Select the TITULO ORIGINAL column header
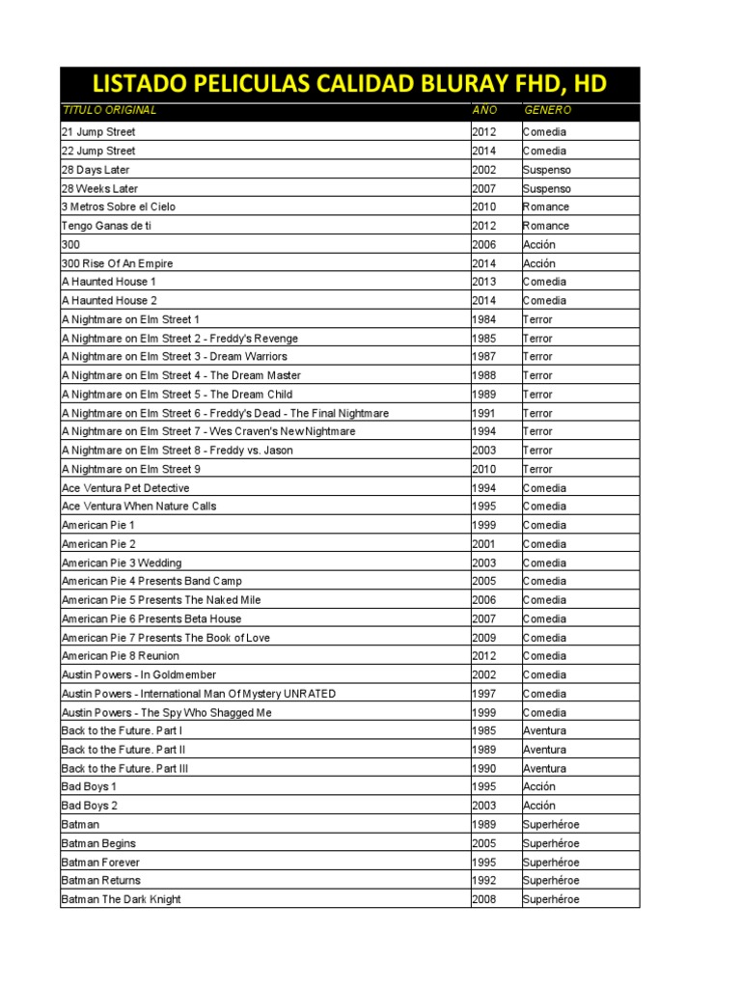tap(108, 111)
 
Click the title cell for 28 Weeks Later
tap(100, 188)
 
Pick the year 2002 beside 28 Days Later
tap(484, 170)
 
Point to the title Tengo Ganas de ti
tap(106, 226)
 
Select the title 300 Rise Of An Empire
tap(118, 263)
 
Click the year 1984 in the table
tap(484, 319)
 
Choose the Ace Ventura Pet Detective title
tap(125, 488)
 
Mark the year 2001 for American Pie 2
tap(484, 544)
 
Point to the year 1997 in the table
tap(484, 694)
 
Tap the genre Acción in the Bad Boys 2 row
tap(539, 806)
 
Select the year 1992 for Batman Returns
tap(484, 881)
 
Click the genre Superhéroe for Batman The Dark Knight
tap(551, 899)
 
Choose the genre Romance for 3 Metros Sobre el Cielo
tap(546, 207)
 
